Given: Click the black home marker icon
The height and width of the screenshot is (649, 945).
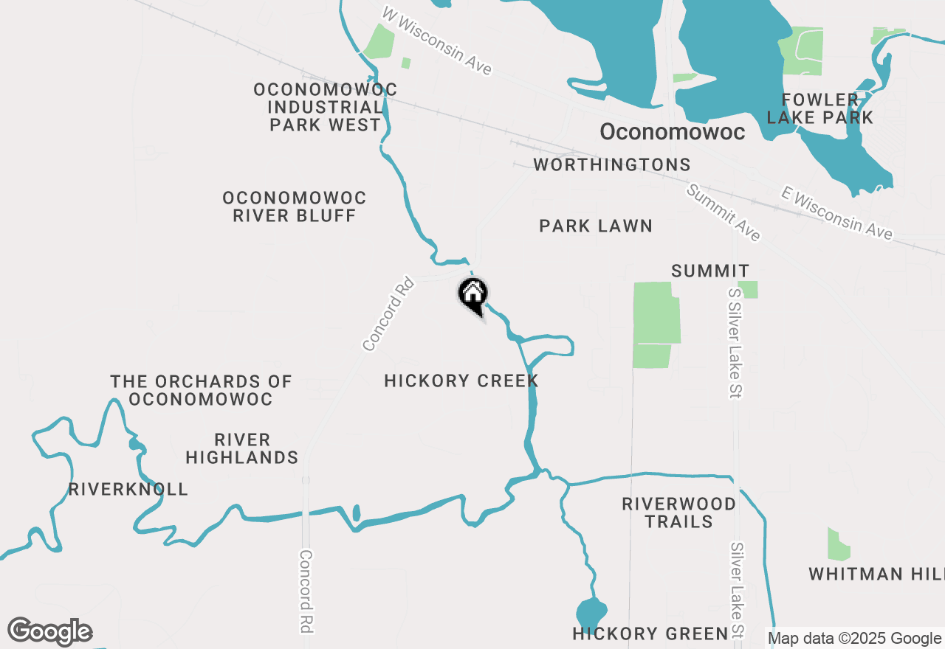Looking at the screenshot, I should pyautogui.click(x=472, y=295).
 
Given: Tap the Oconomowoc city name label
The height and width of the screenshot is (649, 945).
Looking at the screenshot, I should pyautogui.click(x=672, y=132).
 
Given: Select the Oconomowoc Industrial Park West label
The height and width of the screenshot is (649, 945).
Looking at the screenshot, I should pyautogui.click(x=325, y=108).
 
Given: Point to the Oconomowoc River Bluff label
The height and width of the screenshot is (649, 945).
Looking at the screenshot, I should pyautogui.click(x=295, y=207).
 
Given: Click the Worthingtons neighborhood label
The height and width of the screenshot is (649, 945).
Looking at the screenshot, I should pyautogui.click(x=612, y=164).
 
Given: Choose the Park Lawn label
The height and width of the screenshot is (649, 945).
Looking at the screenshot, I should pyautogui.click(x=596, y=226).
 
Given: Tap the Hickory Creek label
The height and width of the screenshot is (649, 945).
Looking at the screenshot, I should pyautogui.click(x=461, y=381).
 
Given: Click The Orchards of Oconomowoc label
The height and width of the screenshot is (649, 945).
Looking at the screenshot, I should pyautogui.click(x=201, y=391).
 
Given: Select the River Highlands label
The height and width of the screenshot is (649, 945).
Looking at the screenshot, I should pyautogui.click(x=242, y=449).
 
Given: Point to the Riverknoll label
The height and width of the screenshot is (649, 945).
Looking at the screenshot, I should pyautogui.click(x=128, y=489).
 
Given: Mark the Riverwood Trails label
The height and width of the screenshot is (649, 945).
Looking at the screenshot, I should pyautogui.click(x=678, y=513).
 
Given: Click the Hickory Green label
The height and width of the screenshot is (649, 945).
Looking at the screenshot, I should pyautogui.click(x=650, y=634).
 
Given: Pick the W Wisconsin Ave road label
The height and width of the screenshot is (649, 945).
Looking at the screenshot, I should pyautogui.click(x=437, y=41).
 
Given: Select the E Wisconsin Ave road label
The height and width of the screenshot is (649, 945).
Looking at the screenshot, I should pyautogui.click(x=836, y=213).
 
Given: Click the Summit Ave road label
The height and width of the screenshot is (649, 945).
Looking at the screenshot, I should pyautogui.click(x=724, y=213).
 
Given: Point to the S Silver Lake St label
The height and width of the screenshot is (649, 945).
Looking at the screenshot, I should pyautogui.click(x=734, y=343).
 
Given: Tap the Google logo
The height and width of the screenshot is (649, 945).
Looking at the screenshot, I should pyautogui.click(x=49, y=632).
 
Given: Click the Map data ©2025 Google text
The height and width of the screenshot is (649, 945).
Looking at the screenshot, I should pyautogui.click(x=854, y=639).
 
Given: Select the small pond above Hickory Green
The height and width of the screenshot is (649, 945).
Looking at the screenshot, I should pyautogui.click(x=591, y=614).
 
